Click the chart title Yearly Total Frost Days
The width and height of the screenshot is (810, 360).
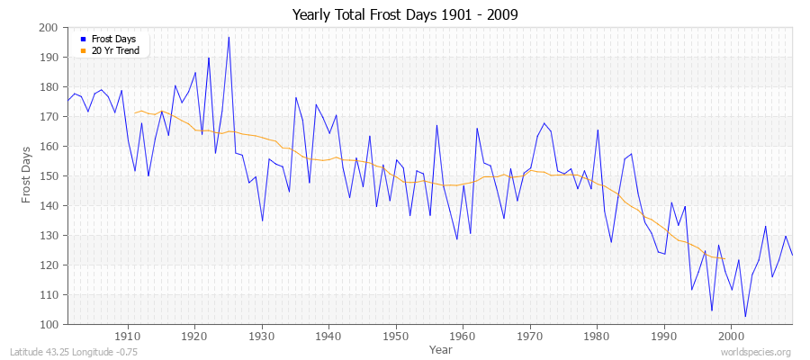tap(405, 15)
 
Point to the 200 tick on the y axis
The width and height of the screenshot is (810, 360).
tap(49, 28)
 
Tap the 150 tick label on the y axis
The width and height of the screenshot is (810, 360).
tap(49, 176)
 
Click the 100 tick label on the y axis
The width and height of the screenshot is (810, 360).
tap(49, 324)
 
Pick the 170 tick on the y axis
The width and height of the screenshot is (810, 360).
tap(49, 117)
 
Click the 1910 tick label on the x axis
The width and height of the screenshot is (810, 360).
tap(128, 337)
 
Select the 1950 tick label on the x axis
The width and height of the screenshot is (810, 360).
tap(395, 337)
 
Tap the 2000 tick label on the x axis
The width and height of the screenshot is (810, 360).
tap(731, 337)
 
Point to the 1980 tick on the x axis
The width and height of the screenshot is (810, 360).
tap(597, 337)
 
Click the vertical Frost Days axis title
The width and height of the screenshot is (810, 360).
tap(28, 176)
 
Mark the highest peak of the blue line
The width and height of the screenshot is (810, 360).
tap(229, 37)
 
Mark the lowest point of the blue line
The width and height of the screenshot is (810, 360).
tap(745, 317)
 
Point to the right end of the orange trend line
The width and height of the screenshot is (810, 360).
tap(724, 258)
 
